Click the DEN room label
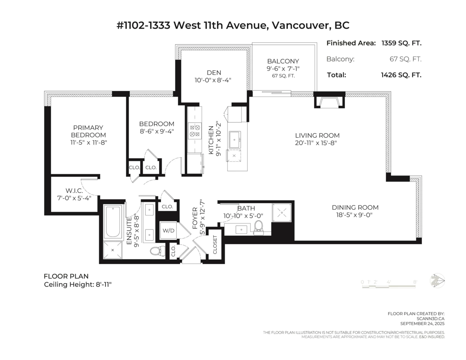pos(214,73)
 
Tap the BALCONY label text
pos(283,61)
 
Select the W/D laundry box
pos(169,231)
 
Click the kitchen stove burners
pos(195,131)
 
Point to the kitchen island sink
pos(235,140)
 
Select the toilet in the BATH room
pos(259,228)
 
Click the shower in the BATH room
pos(282,212)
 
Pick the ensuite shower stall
pos(113,250)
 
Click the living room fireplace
pos(329,102)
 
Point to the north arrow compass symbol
pos(438,280)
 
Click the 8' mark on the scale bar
pos(415,282)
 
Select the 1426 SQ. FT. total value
pos(401,75)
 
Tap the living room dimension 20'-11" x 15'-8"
pos(316,143)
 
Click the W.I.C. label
pos(74,190)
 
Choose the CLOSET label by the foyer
pos(215,245)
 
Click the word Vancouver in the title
pos(299,25)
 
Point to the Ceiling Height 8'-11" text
pos(78,285)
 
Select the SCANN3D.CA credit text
pos(430,318)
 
